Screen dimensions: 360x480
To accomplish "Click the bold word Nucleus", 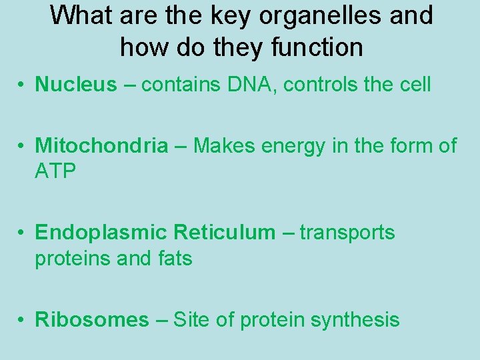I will [x=75, y=85].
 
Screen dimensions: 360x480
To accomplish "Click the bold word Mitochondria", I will [x=101, y=146].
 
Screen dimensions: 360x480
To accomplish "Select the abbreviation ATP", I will [x=56, y=171].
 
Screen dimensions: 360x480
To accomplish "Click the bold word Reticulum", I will [x=224, y=233].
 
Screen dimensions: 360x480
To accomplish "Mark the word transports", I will [x=347, y=233].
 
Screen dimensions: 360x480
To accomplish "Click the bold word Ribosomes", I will [x=92, y=320].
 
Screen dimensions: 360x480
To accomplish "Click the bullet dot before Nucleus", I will [x=22, y=85].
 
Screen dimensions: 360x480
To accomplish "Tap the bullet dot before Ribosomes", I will [x=22, y=321].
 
